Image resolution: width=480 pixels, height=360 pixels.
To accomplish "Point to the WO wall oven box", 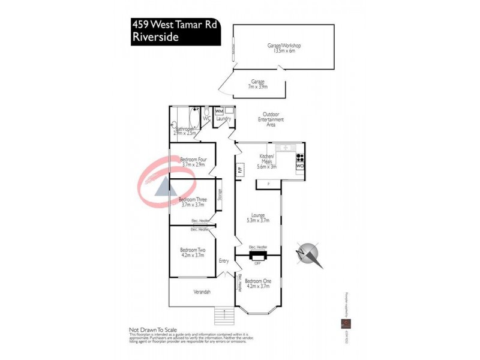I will click(300, 166).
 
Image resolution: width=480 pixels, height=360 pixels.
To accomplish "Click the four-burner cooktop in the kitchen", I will click(300, 158).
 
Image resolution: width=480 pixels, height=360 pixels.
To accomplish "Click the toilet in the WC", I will click(206, 112).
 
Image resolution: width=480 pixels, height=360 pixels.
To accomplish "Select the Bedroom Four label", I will click(193, 159).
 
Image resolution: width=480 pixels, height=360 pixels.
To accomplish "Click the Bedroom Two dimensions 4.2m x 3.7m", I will click(193, 255).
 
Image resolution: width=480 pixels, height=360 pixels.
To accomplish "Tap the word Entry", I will click(224, 261).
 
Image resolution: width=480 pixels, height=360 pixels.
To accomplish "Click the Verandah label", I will click(202, 292).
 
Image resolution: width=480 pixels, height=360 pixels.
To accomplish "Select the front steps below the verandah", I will click(224, 314).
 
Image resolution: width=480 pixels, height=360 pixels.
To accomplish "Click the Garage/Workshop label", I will click(284, 46).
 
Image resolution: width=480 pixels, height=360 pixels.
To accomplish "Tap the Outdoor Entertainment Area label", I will click(271, 120).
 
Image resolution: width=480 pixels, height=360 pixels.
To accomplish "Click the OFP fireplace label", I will click(257, 263).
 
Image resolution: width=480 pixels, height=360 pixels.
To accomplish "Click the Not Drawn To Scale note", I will click(152, 329).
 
